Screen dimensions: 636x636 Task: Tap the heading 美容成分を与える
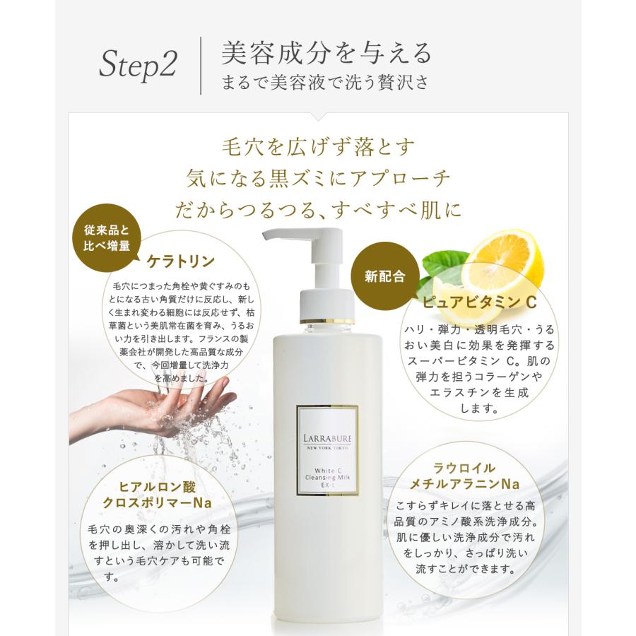[326, 53]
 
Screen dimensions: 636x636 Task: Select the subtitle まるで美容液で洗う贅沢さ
[325, 82]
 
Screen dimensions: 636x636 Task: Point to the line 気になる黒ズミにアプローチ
[317, 179]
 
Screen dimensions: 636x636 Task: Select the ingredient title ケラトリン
[180, 261]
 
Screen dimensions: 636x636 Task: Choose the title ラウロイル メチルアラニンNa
[476, 476]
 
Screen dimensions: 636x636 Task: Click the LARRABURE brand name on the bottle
[326, 427]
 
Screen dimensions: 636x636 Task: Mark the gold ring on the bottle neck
[326, 322]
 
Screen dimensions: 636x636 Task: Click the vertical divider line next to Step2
[201, 66]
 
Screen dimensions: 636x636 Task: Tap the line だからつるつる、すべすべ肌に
[317, 210]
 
